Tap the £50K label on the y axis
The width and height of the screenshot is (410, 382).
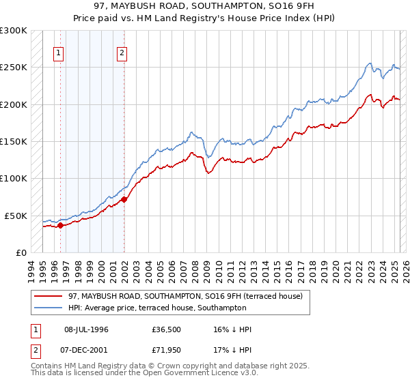(16, 216)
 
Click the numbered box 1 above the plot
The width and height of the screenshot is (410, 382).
(59, 55)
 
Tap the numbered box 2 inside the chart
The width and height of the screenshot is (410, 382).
(122, 55)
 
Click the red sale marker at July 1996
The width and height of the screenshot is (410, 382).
(60, 225)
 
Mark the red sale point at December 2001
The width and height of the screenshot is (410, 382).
(124, 199)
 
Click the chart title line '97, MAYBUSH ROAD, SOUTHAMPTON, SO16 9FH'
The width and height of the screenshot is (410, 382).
(205, 6)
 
